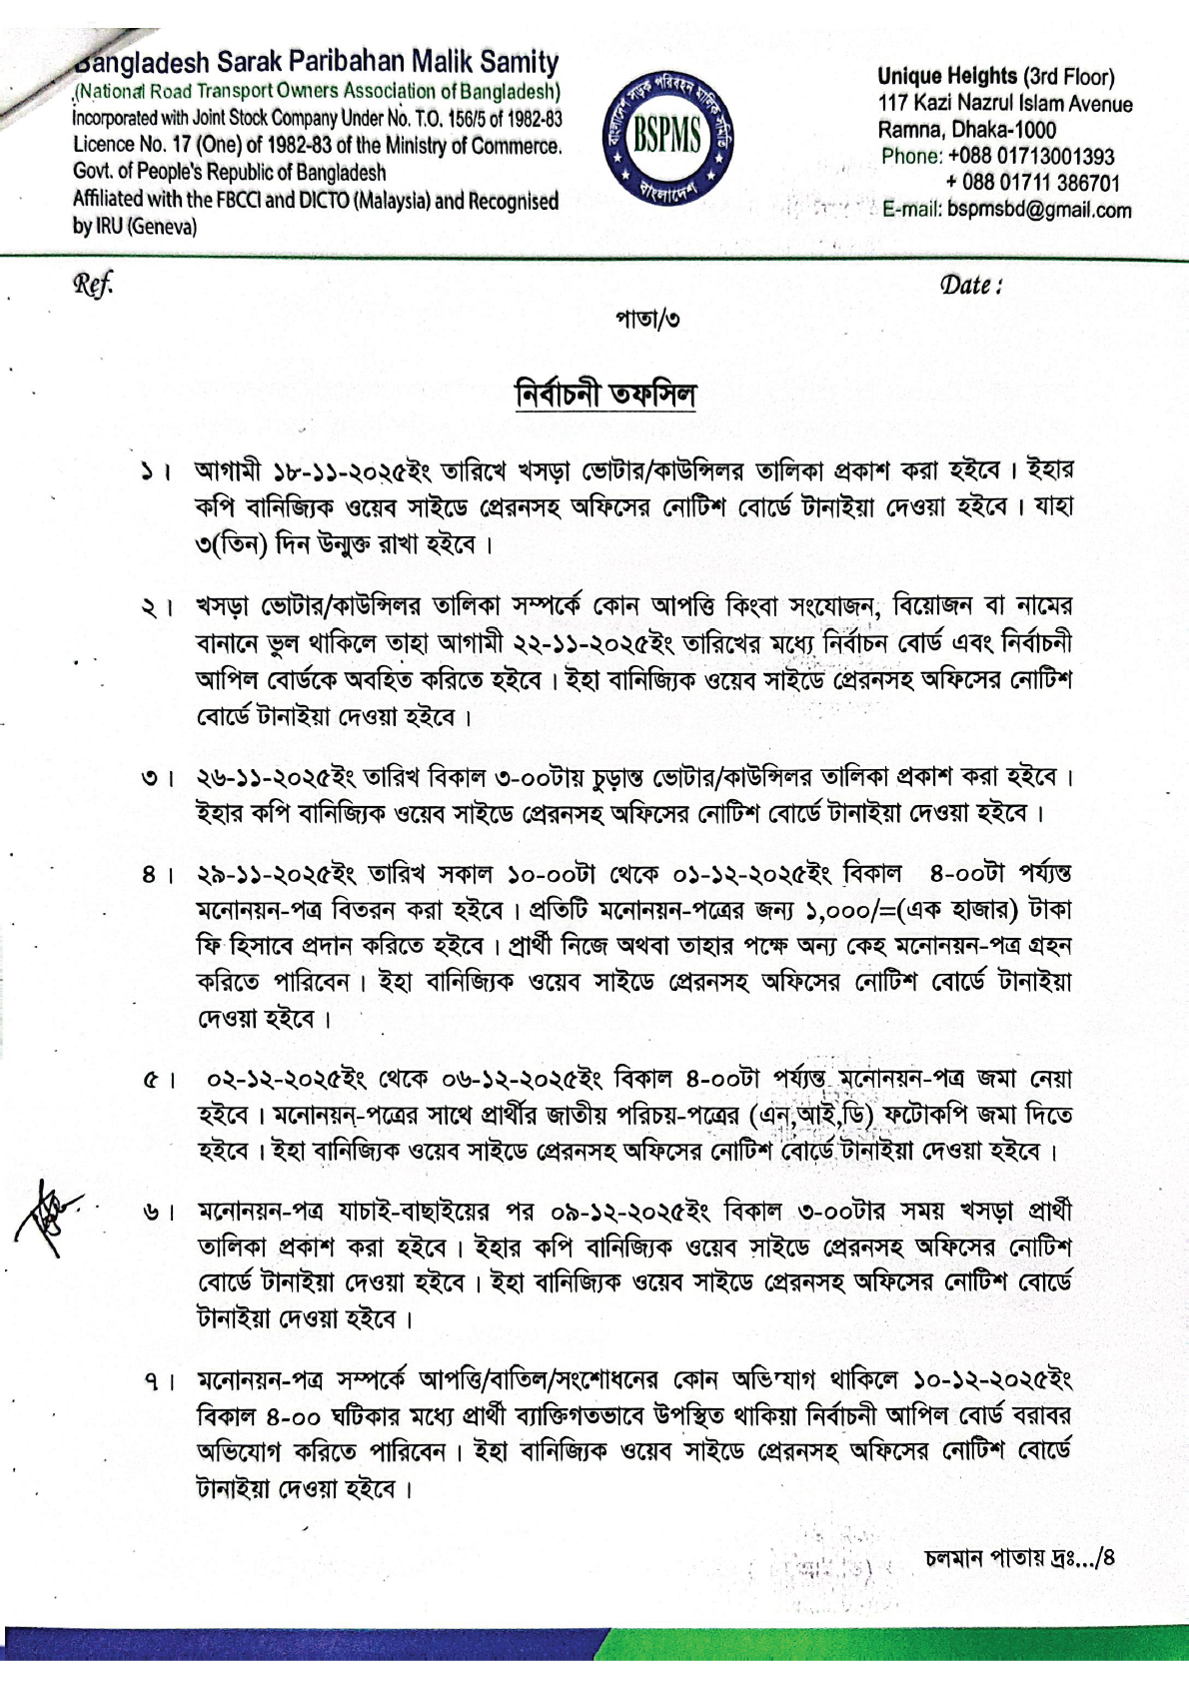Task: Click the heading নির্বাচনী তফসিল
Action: pyautogui.click(x=605, y=394)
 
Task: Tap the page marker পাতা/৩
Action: pyautogui.click(x=647, y=320)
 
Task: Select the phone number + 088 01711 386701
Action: pyautogui.click(x=1033, y=183)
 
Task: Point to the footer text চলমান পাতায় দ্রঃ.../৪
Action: pyautogui.click(x=1019, y=1557)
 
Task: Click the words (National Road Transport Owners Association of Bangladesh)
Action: pyautogui.click(x=317, y=91)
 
